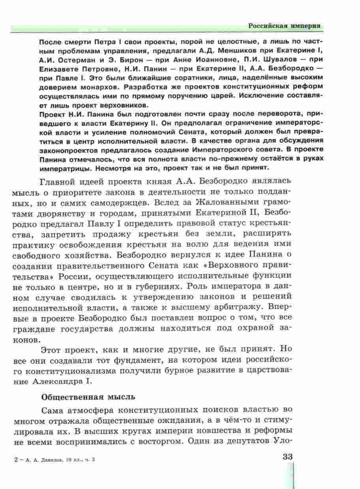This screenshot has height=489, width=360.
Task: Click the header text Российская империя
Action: point(284,26)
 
